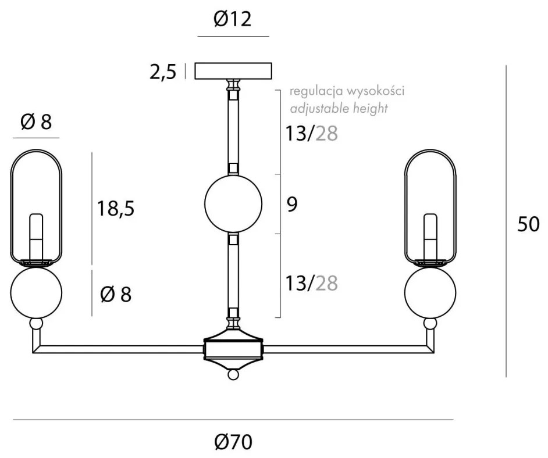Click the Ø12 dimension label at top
(x=233, y=20)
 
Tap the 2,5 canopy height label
(x=163, y=73)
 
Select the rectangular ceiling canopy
(x=233, y=70)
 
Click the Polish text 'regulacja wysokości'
(x=347, y=91)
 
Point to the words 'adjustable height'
(x=339, y=108)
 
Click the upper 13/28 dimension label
(x=311, y=134)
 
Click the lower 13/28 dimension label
(x=311, y=283)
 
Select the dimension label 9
(x=293, y=205)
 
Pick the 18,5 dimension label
(x=116, y=208)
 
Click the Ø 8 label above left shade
(x=36, y=122)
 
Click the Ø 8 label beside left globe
(x=116, y=295)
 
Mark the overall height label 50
(x=528, y=224)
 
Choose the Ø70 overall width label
(x=233, y=442)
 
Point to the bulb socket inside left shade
(x=37, y=235)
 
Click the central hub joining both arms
(x=233, y=349)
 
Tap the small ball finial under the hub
(x=233, y=375)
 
